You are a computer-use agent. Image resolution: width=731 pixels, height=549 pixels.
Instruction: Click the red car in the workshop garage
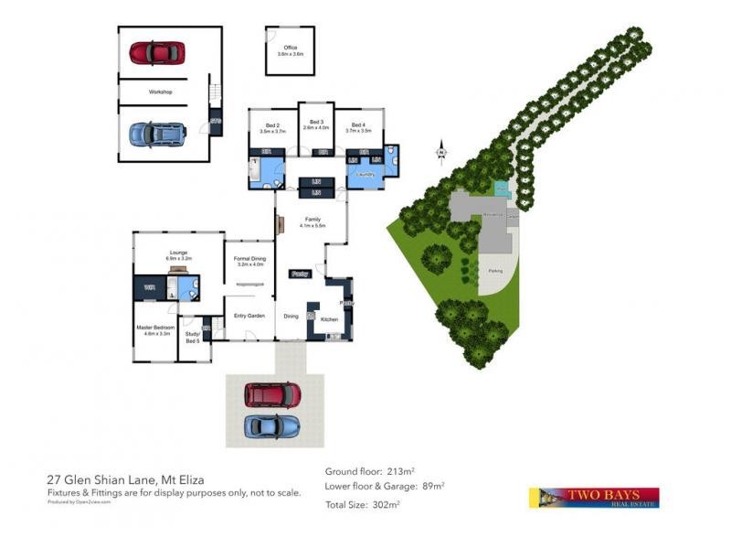pos(157,53)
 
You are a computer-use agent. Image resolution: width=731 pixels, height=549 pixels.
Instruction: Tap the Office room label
pos(291,48)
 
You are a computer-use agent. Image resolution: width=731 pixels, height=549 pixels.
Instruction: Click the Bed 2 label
pos(272,125)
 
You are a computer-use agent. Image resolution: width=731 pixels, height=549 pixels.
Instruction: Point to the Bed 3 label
pos(316,122)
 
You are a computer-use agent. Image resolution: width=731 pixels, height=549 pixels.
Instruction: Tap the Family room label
pos(313,221)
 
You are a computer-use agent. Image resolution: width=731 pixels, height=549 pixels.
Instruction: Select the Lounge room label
pos(178,255)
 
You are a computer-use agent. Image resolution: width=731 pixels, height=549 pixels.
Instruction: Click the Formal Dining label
pos(249,259)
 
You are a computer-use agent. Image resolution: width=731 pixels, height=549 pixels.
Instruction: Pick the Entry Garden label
pos(249,317)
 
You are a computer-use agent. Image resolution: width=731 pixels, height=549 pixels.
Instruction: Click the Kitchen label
pos(330,318)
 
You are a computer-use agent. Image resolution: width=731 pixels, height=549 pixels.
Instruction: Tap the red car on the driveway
pos(272,394)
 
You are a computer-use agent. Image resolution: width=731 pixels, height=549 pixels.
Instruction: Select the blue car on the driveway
pos(272,426)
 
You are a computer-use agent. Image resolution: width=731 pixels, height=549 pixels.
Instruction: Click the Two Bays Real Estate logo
pos(593,497)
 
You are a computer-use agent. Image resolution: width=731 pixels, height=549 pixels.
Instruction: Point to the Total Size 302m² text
pos(363,504)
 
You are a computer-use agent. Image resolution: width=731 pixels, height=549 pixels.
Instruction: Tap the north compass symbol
pos(440,150)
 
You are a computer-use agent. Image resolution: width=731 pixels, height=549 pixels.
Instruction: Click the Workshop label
pos(161,92)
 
